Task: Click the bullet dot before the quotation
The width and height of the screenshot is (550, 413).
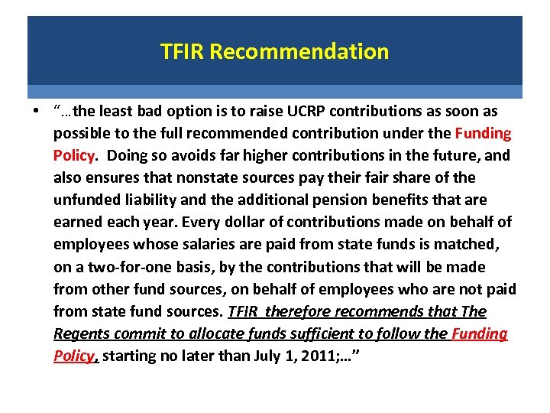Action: [x=36, y=112]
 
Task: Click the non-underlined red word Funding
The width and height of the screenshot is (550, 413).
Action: [x=483, y=134]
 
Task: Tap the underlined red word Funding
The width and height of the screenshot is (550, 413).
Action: [x=480, y=334]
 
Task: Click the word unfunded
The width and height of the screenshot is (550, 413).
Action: [x=84, y=200]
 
